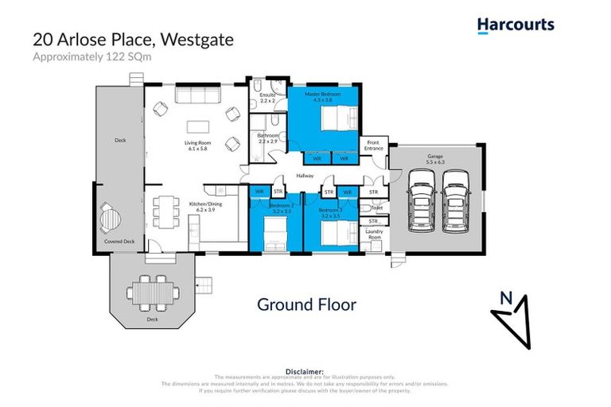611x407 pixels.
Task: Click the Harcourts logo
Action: (x=515, y=25)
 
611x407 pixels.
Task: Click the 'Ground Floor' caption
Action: (x=306, y=304)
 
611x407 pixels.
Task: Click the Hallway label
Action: (x=305, y=176)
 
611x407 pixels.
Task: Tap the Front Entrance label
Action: (x=373, y=145)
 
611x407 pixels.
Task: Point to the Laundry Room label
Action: (x=374, y=235)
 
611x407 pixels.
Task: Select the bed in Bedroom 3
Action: (x=338, y=233)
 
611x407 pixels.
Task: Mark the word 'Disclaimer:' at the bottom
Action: (x=305, y=371)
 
